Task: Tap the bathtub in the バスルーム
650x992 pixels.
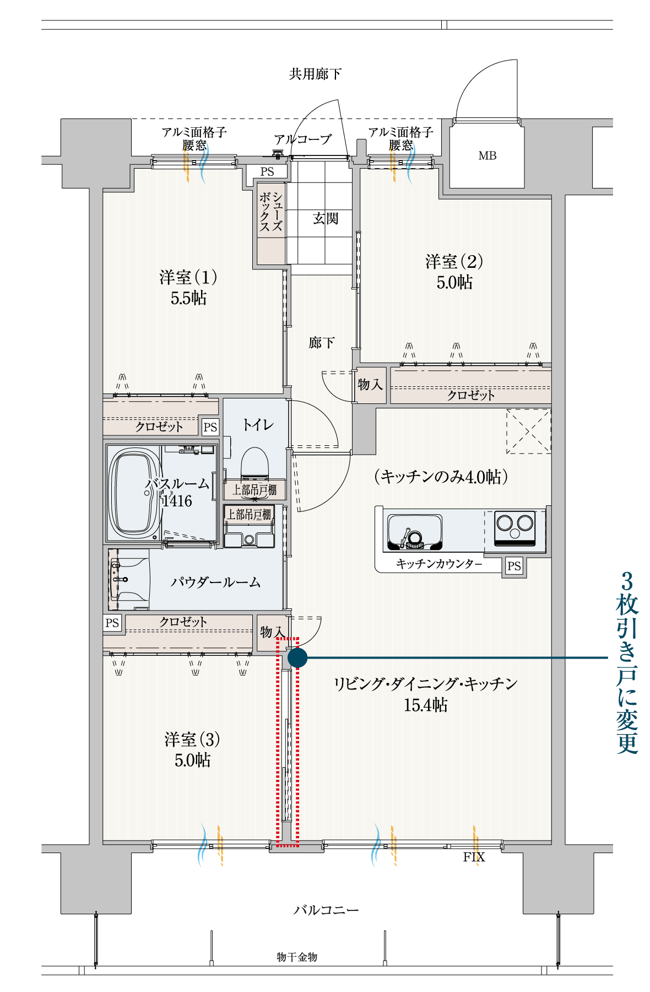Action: tap(133, 492)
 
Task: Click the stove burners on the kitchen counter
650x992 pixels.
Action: tap(515, 529)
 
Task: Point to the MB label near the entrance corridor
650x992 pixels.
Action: tap(487, 156)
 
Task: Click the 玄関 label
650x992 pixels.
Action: tap(326, 219)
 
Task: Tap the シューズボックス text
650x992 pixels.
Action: tap(271, 212)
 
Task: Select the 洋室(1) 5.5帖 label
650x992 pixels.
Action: tap(188, 287)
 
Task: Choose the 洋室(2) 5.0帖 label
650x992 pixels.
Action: tap(454, 272)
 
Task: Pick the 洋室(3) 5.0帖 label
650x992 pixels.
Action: tap(192, 750)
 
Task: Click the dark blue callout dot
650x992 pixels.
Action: tap(297, 657)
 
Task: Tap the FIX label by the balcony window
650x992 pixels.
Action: tap(474, 857)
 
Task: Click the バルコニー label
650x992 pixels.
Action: tap(326, 910)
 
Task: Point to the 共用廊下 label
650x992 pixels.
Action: tap(315, 74)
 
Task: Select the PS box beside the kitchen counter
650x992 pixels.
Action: tap(514, 566)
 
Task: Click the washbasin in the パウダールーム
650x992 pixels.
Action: tap(129, 579)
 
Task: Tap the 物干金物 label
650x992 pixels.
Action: tap(297, 957)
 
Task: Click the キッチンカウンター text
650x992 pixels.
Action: tap(439, 564)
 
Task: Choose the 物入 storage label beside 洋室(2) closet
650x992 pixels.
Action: tap(370, 384)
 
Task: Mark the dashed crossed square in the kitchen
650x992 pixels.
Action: tap(528, 431)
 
